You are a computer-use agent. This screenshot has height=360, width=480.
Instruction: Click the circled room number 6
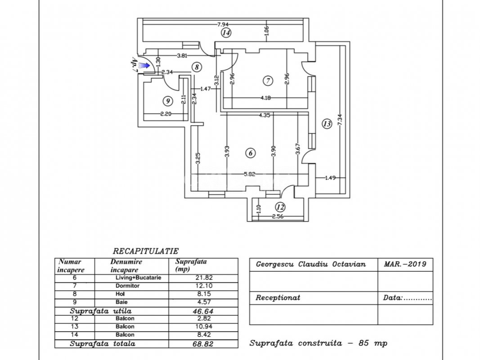point(251,153)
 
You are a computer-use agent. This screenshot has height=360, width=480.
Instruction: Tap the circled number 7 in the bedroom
point(268,81)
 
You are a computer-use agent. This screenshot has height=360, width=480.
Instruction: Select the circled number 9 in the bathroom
point(167,101)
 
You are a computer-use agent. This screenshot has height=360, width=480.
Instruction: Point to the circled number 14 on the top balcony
point(226,32)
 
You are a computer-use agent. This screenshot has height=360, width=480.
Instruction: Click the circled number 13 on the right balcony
point(327,124)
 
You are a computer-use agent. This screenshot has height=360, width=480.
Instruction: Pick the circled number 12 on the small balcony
point(280,207)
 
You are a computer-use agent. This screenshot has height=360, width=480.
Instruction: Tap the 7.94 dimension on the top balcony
point(223,24)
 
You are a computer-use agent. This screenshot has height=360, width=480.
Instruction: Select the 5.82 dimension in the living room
point(249,174)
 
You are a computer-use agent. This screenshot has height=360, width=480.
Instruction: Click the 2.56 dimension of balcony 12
point(278,216)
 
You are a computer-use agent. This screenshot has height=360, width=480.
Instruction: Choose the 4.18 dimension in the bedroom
point(265,98)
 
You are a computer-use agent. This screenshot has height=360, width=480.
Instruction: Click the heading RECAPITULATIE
point(146,252)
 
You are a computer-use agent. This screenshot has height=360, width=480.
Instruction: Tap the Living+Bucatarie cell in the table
point(139,278)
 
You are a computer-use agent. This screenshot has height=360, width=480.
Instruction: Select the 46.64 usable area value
point(203,311)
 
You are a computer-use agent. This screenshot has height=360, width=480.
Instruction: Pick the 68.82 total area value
point(203,344)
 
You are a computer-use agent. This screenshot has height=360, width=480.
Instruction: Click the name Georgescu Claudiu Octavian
point(311,264)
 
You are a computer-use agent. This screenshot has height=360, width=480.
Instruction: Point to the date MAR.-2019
point(405,264)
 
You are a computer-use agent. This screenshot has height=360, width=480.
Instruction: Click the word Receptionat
point(278,297)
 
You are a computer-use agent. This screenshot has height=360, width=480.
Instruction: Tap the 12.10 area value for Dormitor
point(204,286)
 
